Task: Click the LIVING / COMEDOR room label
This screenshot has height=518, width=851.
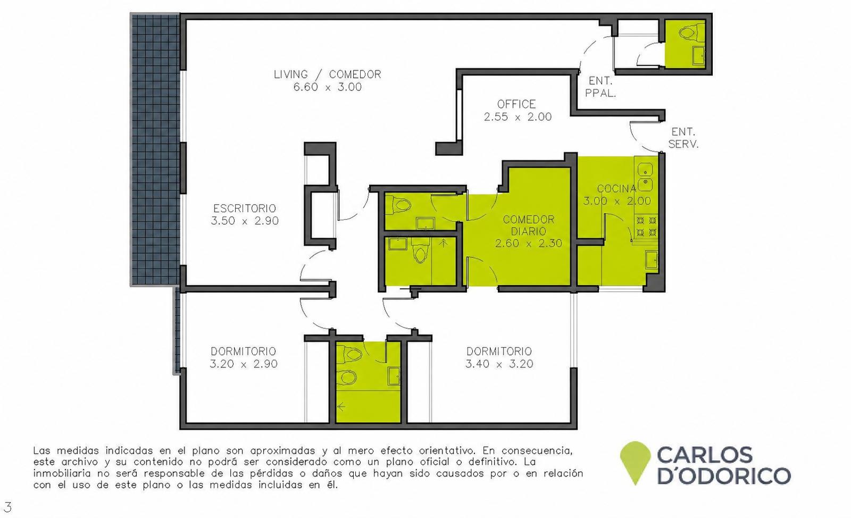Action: tap(328, 74)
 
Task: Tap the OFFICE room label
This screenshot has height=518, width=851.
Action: tap(516, 104)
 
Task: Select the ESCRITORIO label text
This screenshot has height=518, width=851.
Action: tap(245, 208)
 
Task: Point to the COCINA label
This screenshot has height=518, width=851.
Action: tap(616, 188)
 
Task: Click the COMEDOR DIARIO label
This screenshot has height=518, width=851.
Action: tap(529, 225)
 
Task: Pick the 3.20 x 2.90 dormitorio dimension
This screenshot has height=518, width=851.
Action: tap(244, 364)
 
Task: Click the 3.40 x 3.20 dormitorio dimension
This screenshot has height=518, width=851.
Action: tap(499, 364)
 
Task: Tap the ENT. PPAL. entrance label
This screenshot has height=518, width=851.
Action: tap(600, 87)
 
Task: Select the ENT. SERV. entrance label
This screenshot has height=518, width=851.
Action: tap(683, 138)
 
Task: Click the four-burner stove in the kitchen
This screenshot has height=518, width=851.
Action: tap(646, 226)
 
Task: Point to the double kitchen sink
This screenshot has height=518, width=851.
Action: tap(645, 177)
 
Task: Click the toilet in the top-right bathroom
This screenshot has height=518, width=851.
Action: tap(687, 32)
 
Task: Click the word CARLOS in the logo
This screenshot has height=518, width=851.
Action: tap(704, 455)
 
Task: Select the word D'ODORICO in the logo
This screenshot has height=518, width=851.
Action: tap(724, 476)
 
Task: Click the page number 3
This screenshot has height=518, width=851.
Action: tap(7, 507)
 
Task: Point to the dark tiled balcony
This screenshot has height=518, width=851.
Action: tap(155, 149)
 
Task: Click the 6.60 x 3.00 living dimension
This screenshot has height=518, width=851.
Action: tap(328, 87)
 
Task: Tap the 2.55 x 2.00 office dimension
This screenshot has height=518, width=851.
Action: tap(518, 116)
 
